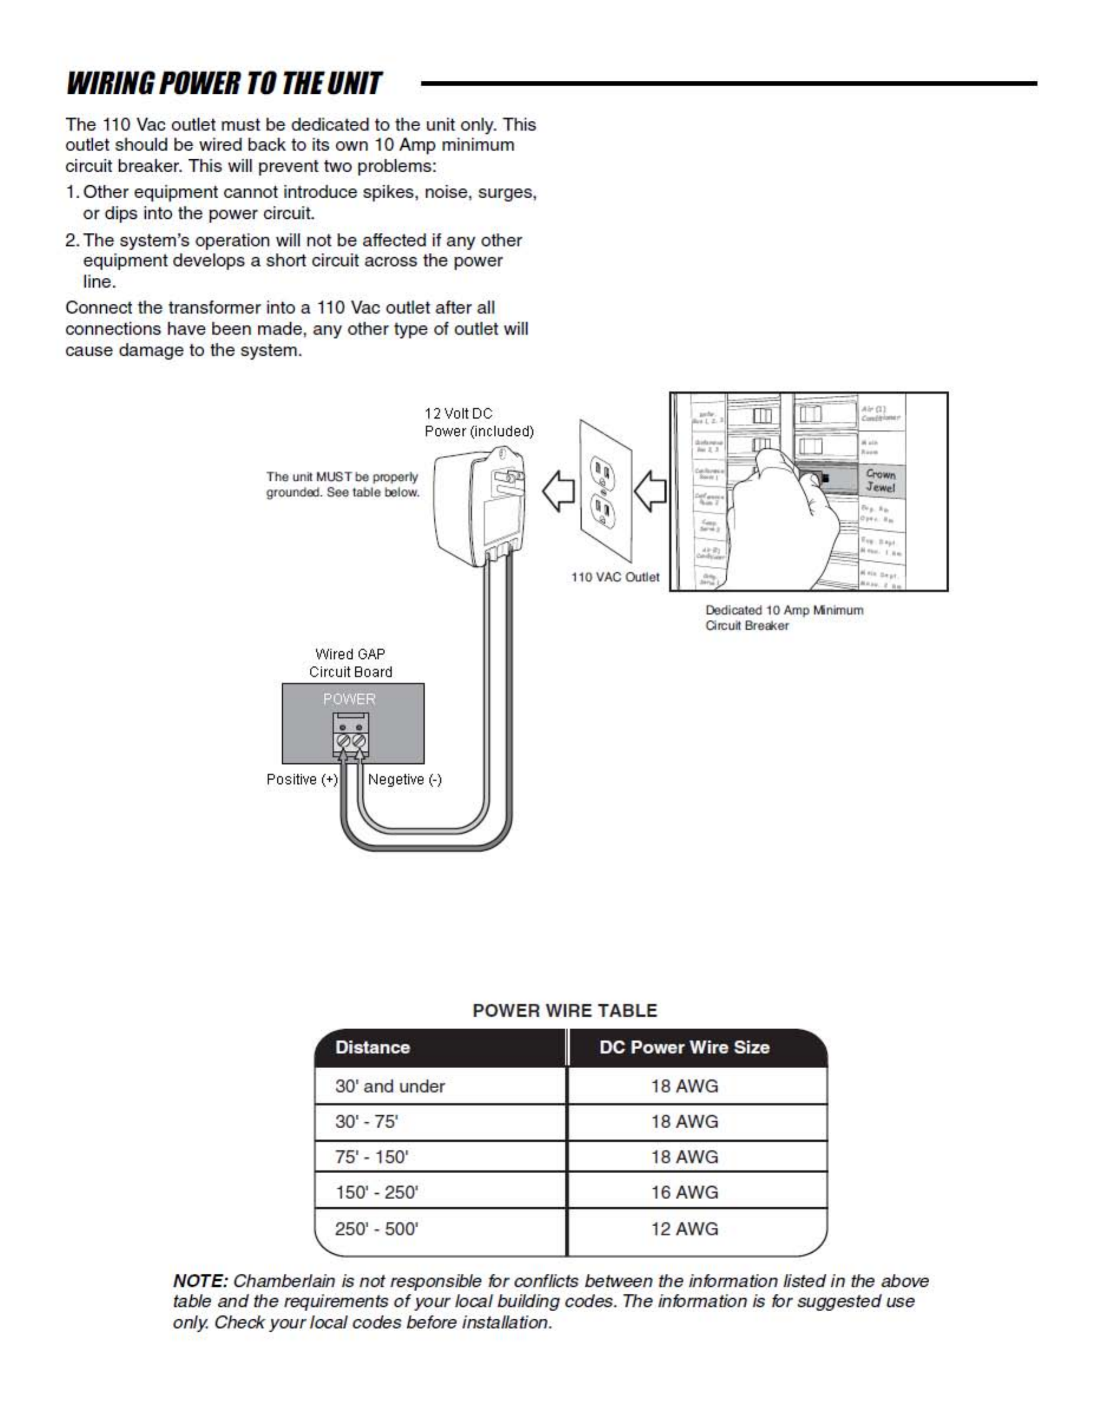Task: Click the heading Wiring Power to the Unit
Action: (x=224, y=84)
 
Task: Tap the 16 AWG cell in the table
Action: (x=684, y=1193)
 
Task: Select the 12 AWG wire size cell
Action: (x=684, y=1229)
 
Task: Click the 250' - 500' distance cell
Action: (x=376, y=1229)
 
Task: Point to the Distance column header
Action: (x=372, y=1047)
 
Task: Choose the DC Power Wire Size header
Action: (x=684, y=1047)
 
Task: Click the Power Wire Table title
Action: (x=565, y=1010)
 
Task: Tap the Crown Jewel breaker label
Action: (x=880, y=481)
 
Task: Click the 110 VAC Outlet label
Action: (x=615, y=577)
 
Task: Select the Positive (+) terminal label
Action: (x=302, y=779)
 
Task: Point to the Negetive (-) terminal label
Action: (x=405, y=779)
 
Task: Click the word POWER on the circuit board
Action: (x=350, y=699)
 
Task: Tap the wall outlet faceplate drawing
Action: (x=605, y=491)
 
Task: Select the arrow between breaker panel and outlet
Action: (x=651, y=491)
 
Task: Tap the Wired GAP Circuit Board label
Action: (x=350, y=663)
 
